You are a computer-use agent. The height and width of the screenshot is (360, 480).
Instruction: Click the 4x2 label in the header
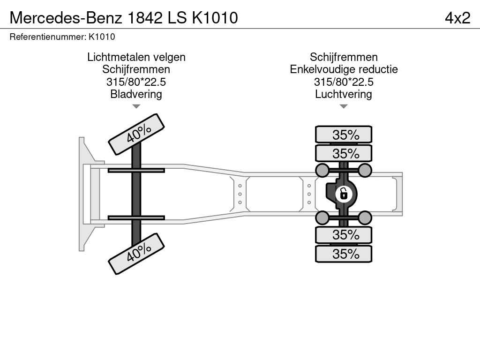pos(457,18)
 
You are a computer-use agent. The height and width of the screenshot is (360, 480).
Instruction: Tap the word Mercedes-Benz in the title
pos(66,18)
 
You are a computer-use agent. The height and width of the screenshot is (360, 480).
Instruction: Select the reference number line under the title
pos(62,37)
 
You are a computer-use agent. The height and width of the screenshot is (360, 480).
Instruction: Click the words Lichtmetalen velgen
pos(136,57)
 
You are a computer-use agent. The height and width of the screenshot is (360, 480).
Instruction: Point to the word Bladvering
pos(136,94)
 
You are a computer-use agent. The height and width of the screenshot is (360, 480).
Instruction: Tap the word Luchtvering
pos(344,94)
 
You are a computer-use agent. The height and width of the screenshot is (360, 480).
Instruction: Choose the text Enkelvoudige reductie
pos(344,69)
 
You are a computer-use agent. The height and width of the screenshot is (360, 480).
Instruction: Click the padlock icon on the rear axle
pos(344,194)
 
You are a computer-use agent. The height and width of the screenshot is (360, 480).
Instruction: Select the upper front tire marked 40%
pos(136,135)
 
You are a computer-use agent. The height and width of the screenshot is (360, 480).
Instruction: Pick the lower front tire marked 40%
pos(136,254)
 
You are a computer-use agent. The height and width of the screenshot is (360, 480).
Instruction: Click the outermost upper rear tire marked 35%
pos(344,135)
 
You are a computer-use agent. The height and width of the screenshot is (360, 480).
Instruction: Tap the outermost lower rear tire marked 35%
pos(344,254)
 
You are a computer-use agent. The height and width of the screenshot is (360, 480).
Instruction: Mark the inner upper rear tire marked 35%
pos(344,153)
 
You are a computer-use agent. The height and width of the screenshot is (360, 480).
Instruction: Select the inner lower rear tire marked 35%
pos(344,235)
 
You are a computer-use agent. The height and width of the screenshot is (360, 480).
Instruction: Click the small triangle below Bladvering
pos(136,106)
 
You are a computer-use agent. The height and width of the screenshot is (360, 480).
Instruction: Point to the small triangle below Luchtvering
pos(344,106)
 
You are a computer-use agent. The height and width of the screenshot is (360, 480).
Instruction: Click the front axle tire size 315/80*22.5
pos(136,82)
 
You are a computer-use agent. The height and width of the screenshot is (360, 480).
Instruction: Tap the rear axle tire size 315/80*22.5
pos(344,82)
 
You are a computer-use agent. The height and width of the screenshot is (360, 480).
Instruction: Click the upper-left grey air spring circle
pos(322,170)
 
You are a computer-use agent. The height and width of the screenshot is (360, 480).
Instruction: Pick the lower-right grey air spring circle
pos(365,218)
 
